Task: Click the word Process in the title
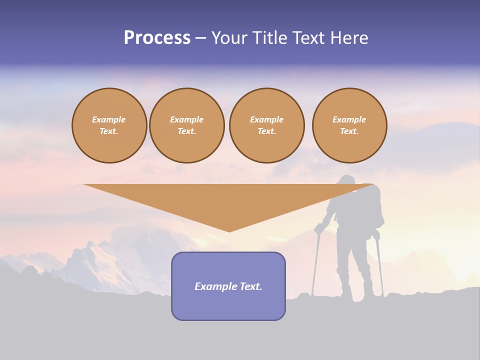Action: tap(157, 38)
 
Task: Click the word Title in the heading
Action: tap(270, 38)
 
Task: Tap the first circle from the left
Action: tap(109, 125)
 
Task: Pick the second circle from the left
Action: tap(186, 125)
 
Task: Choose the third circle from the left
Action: tap(266, 125)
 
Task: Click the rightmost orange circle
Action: tap(349, 125)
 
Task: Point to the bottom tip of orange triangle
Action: tap(229, 230)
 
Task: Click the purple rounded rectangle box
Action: tap(228, 305)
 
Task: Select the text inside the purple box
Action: tap(228, 286)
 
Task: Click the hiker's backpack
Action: tap(372, 205)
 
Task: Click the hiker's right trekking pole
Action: tap(379, 265)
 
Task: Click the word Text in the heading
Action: tap(310, 38)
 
